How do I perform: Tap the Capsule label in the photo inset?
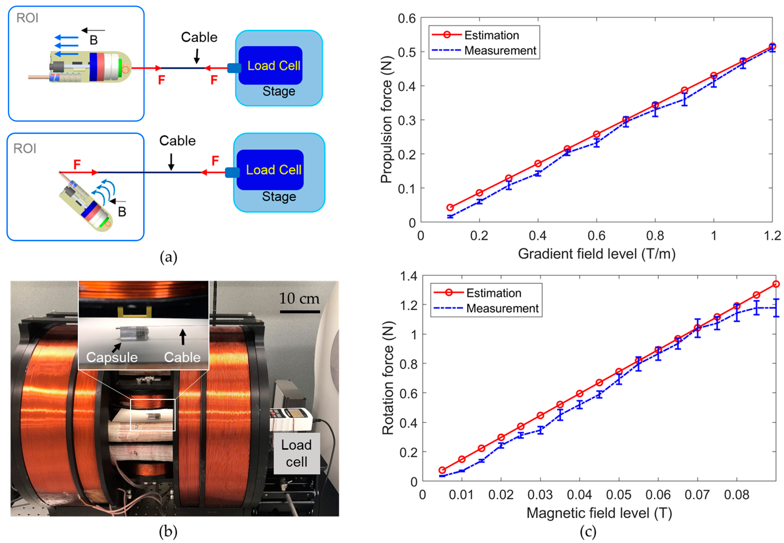click(x=112, y=357)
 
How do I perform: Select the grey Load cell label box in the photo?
click(x=296, y=453)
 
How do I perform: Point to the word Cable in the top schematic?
click(x=199, y=37)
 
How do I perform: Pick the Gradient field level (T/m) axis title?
click(x=597, y=254)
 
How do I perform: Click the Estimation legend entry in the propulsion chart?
click(x=491, y=35)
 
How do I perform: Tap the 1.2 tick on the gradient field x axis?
click(x=772, y=235)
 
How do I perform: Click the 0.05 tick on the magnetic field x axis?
click(x=619, y=495)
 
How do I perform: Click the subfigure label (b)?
click(x=168, y=532)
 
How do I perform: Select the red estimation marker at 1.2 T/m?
click(x=772, y=46)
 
